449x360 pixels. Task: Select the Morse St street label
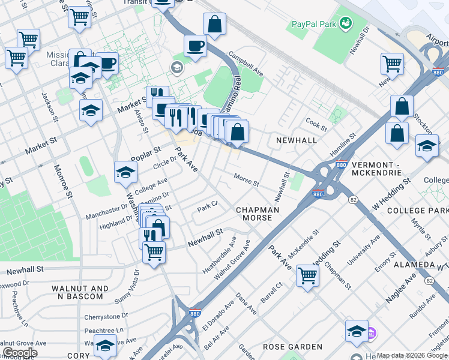point(246,180)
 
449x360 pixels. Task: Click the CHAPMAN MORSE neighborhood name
point(258,214)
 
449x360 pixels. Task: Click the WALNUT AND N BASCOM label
point(80,293)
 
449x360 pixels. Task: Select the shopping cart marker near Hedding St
point(307,275)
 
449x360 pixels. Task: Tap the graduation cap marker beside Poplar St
point(125,172)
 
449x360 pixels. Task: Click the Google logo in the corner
point(20,353)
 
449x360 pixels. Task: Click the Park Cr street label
point(207,208)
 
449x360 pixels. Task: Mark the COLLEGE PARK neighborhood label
point(417,211)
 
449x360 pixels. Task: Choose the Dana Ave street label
point(246,304)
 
